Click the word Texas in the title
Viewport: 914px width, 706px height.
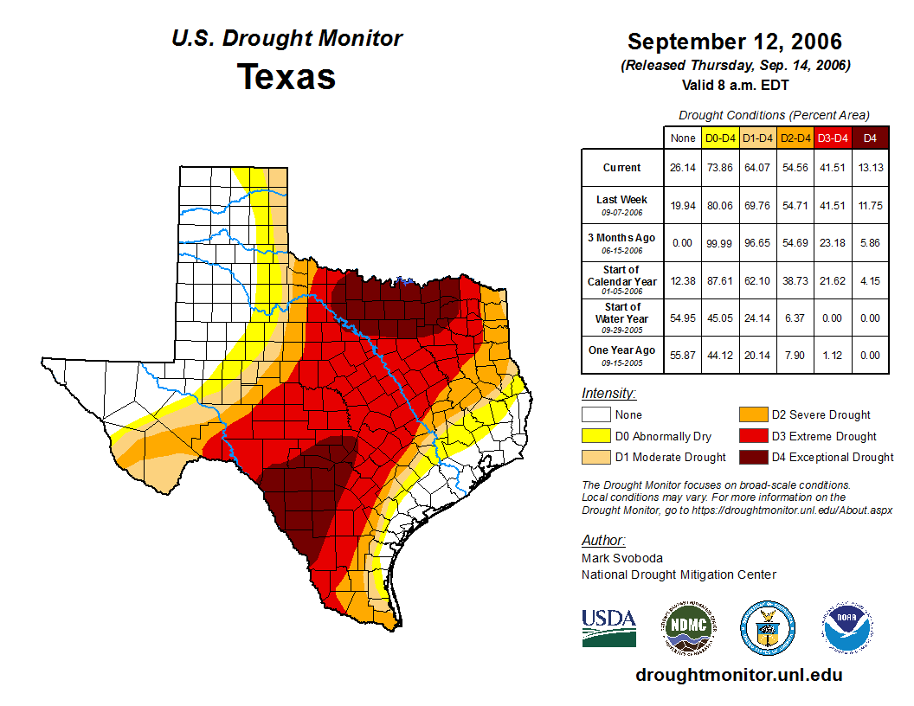[286, 77]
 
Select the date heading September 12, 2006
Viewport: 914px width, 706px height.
[735, 42]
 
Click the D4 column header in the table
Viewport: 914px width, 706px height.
[870, 138]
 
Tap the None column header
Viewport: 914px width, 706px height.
[682, 138]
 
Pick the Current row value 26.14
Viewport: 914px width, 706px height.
[682, 168]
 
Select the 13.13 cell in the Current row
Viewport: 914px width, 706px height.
[870, 168]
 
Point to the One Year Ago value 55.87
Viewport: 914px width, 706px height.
[682, 355]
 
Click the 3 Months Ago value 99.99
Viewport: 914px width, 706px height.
[719, 243]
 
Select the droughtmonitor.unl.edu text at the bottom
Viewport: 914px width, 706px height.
[738, 675]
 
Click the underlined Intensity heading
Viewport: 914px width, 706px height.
[608, 393]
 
